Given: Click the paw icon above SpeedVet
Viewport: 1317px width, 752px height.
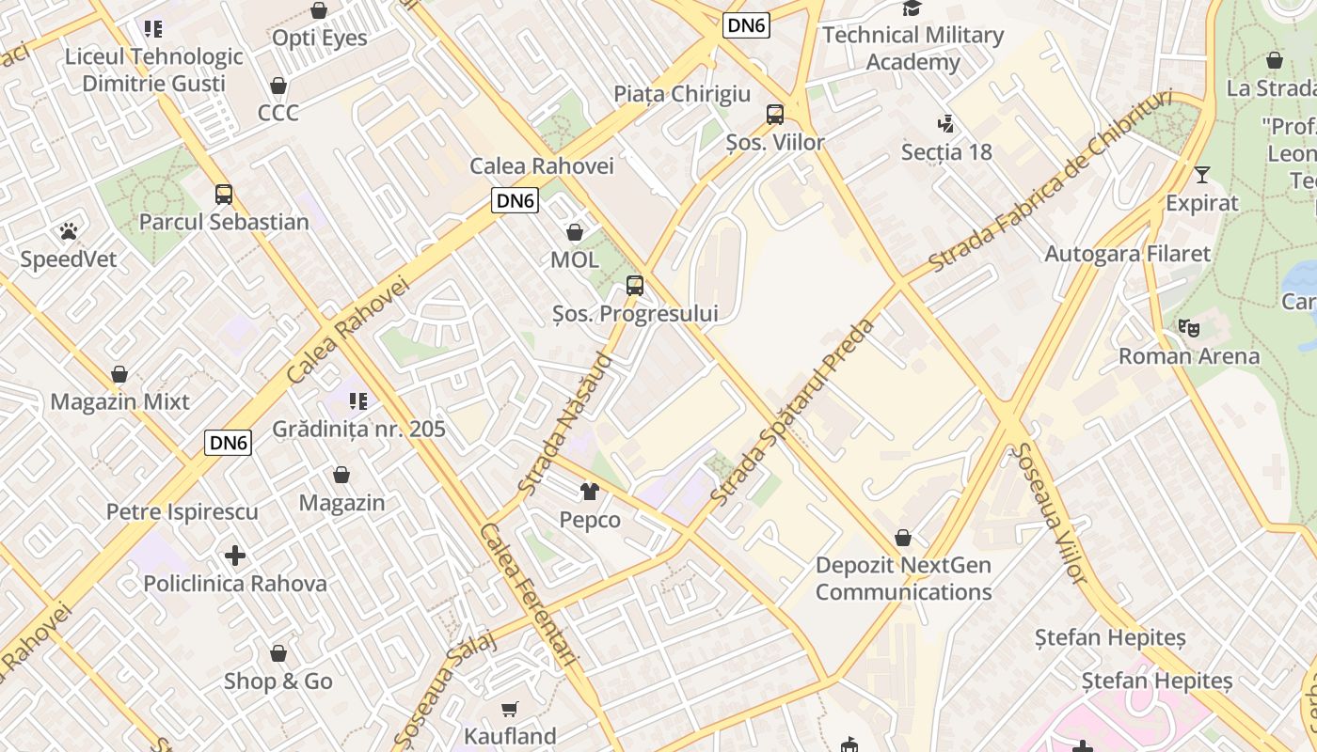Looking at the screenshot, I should coord(68,230).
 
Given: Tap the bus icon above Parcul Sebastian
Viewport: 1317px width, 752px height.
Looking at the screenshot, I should coord(224,195).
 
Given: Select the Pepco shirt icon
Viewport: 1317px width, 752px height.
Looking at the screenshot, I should coord(590,491).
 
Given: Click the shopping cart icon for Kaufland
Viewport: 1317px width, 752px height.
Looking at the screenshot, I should coord(510,708).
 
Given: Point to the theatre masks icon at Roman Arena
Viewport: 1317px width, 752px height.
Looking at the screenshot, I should coord(1189,328).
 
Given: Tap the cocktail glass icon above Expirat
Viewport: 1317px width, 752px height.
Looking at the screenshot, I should coord(1202,175).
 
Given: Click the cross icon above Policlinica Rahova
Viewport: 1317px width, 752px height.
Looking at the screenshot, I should coord(235,556).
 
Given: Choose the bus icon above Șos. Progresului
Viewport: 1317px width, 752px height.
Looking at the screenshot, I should coord(635,286).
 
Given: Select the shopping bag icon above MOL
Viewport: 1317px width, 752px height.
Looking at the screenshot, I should coord(575,231).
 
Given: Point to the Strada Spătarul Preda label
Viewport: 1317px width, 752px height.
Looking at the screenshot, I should coord(794,413).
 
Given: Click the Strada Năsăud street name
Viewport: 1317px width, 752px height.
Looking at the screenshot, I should coord(565,424).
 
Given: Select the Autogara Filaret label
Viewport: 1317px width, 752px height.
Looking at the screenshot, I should coord(1128,254).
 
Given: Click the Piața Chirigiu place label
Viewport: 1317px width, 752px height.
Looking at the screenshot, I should coord(682,94).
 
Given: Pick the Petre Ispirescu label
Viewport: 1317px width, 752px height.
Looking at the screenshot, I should coord(182,512).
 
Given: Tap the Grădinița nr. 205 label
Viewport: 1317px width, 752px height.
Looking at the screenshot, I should coord(358,430).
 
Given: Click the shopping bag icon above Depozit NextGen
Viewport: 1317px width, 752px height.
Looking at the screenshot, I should coord(903,538).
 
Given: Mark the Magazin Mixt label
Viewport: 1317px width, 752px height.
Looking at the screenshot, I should coord(119,402).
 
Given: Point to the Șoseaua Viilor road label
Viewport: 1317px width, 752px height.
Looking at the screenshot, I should coord(1049,512).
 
